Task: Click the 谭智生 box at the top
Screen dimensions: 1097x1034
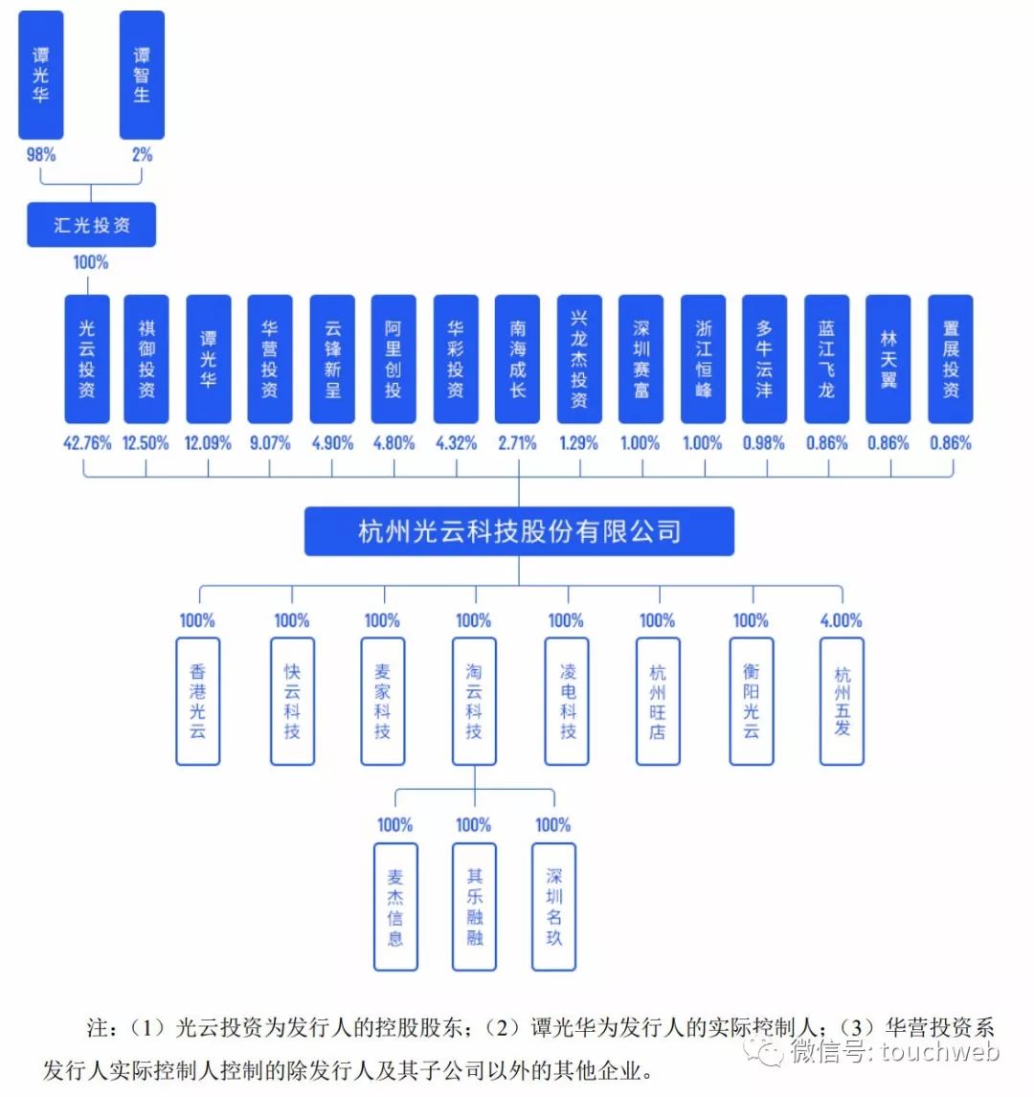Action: (x=142, y=75)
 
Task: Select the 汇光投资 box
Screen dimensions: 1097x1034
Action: (x=91, y=225)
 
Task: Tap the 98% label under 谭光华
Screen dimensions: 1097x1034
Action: (x=40, y=154)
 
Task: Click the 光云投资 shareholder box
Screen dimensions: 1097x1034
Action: (x=87, y=359)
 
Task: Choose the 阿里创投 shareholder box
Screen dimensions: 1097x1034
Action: (x=393, y=359)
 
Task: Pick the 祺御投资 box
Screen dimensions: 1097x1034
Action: (x=146, y=359)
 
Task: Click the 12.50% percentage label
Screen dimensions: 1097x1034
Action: (x=146, y=443)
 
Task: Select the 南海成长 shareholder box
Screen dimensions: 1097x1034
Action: (x=517, y=359)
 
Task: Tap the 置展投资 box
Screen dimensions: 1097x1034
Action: (x=951, y=359)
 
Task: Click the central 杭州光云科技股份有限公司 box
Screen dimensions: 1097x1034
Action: (x=519, y=531)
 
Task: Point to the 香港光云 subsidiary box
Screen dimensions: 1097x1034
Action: (x=197, y=702)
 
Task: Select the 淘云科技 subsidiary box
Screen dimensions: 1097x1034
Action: (x=474, y=702)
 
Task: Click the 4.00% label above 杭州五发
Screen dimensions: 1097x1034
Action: (x=841, y=620)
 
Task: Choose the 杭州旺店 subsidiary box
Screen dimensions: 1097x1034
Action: (x=658, y=702)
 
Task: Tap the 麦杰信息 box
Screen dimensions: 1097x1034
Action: (x=395, y=907)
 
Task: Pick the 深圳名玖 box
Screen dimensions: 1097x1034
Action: (x=554, y=907)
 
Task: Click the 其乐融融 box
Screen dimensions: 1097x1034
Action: (x=475, y=907)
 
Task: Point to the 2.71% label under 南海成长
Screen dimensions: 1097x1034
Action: (x=517, y=443)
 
